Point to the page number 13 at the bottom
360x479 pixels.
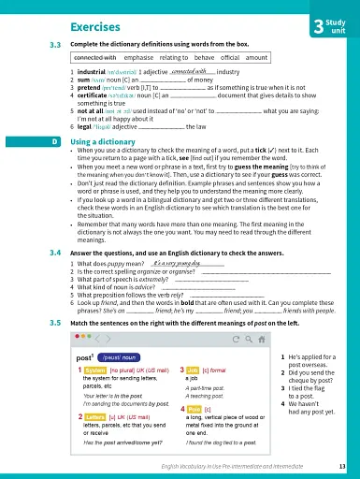[342, 467]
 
